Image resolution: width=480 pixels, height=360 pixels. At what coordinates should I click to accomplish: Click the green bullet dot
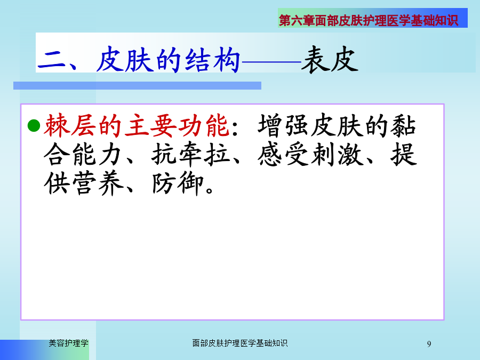coord(34,126)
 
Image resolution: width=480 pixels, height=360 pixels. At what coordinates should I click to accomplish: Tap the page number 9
coord(429,344)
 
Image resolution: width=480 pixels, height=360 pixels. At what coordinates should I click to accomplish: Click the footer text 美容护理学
coord(69,343)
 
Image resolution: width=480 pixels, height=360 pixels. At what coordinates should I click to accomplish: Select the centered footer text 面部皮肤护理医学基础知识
coord(239,343)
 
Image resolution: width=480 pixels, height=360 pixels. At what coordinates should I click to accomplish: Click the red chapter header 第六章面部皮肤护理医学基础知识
coord(368,20)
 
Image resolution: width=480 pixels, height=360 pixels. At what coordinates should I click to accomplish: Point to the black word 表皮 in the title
coord(330,60)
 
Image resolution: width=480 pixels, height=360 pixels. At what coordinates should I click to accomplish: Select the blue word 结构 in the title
coord(212,60)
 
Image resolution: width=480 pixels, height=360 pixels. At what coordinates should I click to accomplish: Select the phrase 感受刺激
coord(310,154)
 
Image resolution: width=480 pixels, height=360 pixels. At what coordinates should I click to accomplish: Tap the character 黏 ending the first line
coord(403,125)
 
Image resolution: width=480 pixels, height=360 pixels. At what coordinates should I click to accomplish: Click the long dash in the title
coord(271,62)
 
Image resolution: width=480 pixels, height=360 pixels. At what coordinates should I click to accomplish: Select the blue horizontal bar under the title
coord(137,85)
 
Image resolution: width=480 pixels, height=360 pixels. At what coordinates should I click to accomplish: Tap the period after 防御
coord(210,190)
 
